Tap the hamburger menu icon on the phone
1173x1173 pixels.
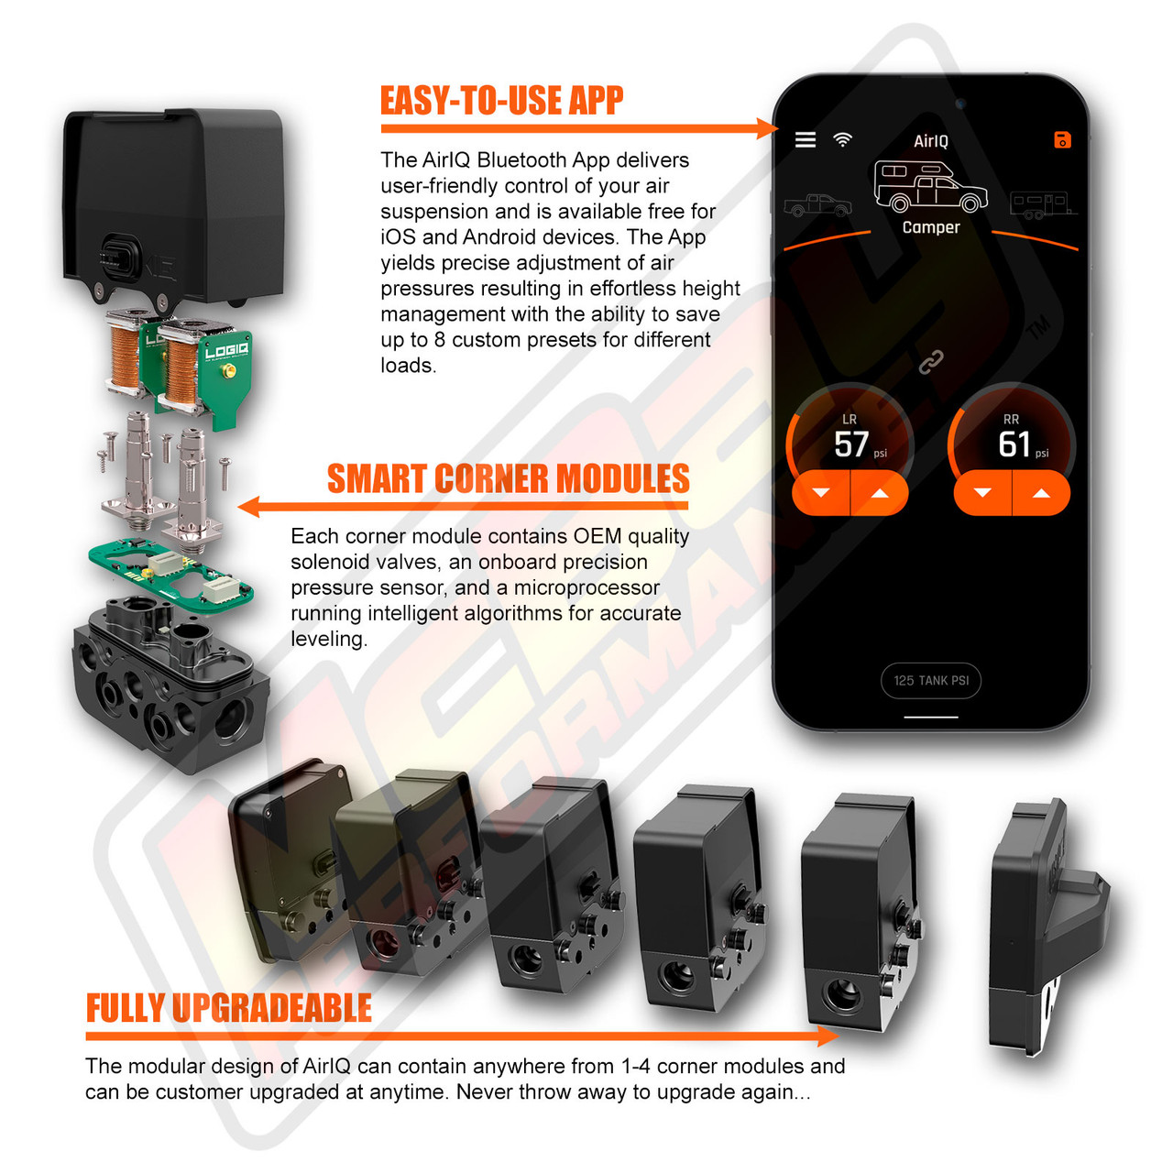(805, 139)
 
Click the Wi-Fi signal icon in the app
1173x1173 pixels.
(842, 139)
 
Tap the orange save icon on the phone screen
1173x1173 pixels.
(1061, 140)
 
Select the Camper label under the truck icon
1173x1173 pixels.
(930, 227)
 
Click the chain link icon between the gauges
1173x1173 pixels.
(931, 363)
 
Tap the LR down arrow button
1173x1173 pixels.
(821, 493)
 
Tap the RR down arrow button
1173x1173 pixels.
(982, 493)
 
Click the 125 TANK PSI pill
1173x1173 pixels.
(931, 681)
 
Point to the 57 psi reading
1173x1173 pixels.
(852, 444)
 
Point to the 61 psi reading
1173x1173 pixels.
(1014, 444)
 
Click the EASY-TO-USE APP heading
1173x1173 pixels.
(501, 101)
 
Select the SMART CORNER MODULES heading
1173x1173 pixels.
(508, 479)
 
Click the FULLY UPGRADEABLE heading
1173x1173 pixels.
(228, 1008)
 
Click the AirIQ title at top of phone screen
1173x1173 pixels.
(930, 141)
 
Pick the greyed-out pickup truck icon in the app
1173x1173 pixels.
(817, 205)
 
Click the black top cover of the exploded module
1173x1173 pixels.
(174, 202)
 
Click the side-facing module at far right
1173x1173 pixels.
(1045, 926)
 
